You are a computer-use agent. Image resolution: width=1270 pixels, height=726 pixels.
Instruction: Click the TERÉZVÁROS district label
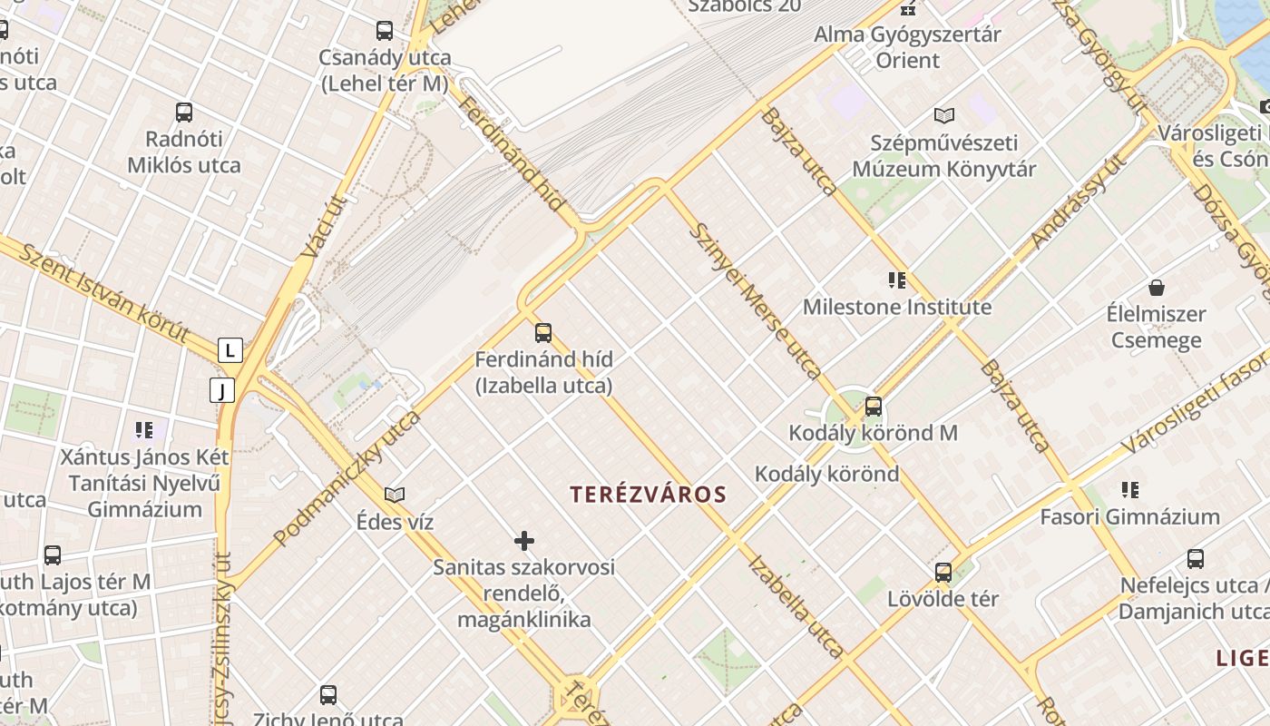(649, 495)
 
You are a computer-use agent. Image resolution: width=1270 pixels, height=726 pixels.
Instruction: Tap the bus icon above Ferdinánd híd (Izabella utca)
(543, 333)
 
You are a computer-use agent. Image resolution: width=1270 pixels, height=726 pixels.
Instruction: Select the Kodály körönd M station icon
(874, 407)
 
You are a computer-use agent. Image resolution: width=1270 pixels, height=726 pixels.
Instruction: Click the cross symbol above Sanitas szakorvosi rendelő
(524, 542)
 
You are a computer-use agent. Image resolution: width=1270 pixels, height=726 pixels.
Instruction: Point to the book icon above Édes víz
(395, 495)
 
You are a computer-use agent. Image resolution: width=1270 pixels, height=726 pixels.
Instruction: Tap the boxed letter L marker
(230, 350)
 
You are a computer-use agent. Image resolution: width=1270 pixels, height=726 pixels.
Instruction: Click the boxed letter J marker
(222, 390)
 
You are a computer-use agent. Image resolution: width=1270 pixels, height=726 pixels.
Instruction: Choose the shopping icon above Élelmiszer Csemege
(1157, 289)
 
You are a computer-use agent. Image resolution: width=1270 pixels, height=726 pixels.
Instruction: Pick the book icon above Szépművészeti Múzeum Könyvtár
(944, 116)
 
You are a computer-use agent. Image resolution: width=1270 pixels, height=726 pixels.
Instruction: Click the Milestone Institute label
(897, 307)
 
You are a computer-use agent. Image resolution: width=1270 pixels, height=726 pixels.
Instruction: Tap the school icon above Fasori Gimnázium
(1129, 490)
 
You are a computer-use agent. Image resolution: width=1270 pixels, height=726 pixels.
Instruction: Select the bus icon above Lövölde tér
(943, 573)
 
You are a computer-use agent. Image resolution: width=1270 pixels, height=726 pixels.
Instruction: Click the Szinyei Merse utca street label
(755, 300)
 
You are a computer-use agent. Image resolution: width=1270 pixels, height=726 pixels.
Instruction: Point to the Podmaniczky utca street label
(347, 479)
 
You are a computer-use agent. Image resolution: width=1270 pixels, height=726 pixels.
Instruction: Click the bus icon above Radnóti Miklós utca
(184, 113)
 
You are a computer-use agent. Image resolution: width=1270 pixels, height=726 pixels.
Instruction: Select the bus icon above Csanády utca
(385, 31)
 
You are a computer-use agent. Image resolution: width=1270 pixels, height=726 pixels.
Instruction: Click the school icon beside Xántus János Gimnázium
(144, 429)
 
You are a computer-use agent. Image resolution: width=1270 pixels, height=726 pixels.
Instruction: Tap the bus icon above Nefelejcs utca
(1196, 559)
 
